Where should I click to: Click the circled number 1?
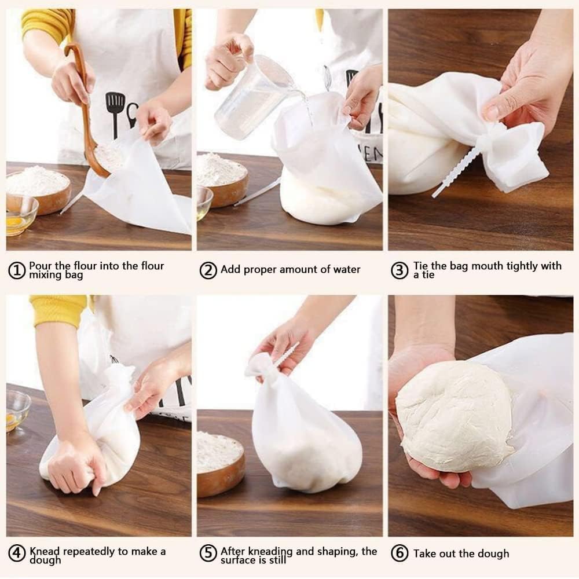[x=17, y=270]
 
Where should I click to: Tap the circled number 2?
[x=208, y=270]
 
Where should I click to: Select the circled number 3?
[x=400, y=270]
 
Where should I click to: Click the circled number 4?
[x=17, y=554]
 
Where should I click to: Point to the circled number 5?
[x=208, y=554]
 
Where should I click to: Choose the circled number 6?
[x=400, y=554]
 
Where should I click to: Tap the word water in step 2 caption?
[x=346, y=270]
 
